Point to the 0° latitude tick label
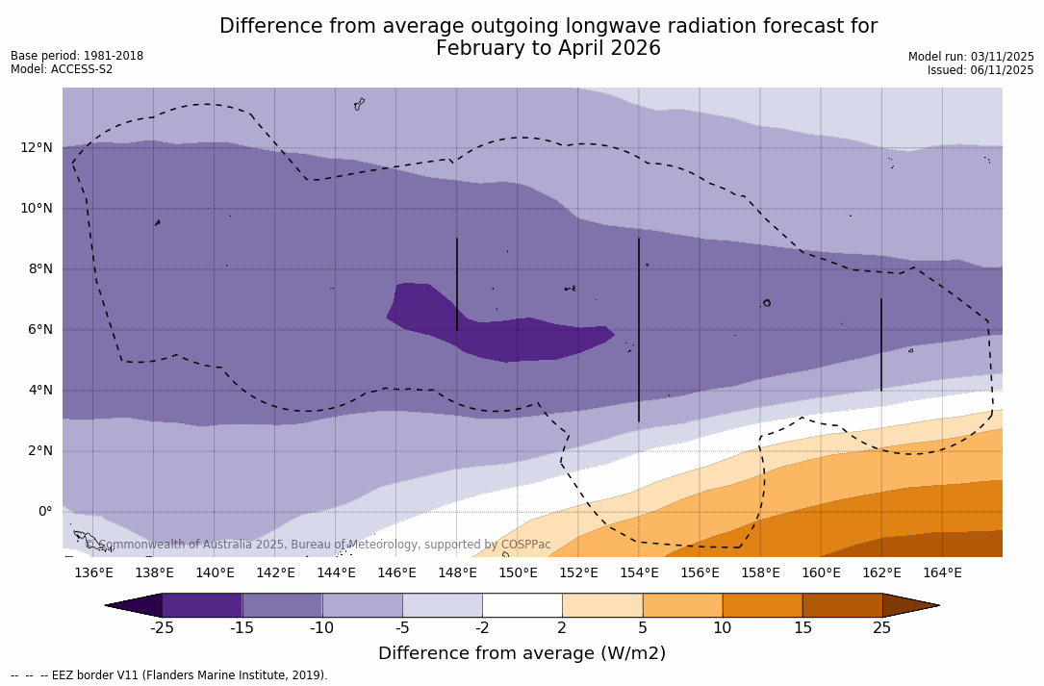coord(44,511)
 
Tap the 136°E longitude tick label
coord(93,573)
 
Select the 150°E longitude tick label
coord(518,573)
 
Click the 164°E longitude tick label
coord(942,573)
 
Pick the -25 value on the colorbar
coord(162,628)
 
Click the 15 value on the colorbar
coord(802,628)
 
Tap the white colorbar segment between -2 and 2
coord(522,605)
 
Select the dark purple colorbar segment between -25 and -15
coord(202,605)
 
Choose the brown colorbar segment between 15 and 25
coord(842,605)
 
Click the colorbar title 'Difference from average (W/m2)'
coord(522,653)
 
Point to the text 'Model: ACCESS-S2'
coord(62,69)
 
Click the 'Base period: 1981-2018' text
coord(77,56)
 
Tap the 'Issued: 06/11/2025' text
coord(980,70)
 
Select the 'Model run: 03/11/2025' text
coord(971,57)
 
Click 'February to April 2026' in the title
coord(548,48)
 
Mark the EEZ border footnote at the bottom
coord(169,675)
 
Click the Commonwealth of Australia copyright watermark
coord(318,545)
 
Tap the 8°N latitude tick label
coord(40,268)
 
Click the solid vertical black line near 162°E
coord(880,344)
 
